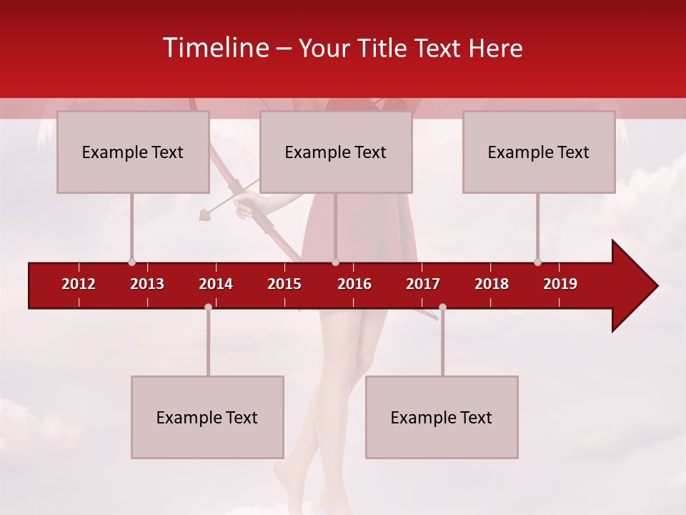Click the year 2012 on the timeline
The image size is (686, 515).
79,284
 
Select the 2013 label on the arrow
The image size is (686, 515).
147,284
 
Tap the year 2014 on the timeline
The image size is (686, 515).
216,284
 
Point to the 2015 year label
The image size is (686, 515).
284,284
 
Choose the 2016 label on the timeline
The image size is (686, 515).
354,284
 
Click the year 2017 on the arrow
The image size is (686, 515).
423,284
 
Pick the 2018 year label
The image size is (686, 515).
492,284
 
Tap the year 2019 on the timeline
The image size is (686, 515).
560,284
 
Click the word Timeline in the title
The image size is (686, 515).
215,48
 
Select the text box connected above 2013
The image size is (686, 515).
133,152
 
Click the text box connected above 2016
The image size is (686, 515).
336,152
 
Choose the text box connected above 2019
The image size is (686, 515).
539,152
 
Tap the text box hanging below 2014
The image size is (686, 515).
207,417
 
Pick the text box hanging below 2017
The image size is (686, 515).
442,417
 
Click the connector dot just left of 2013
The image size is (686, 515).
131,262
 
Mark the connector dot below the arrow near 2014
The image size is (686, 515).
208,307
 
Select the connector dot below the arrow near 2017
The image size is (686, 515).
442,307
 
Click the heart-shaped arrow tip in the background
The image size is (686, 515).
204,212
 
